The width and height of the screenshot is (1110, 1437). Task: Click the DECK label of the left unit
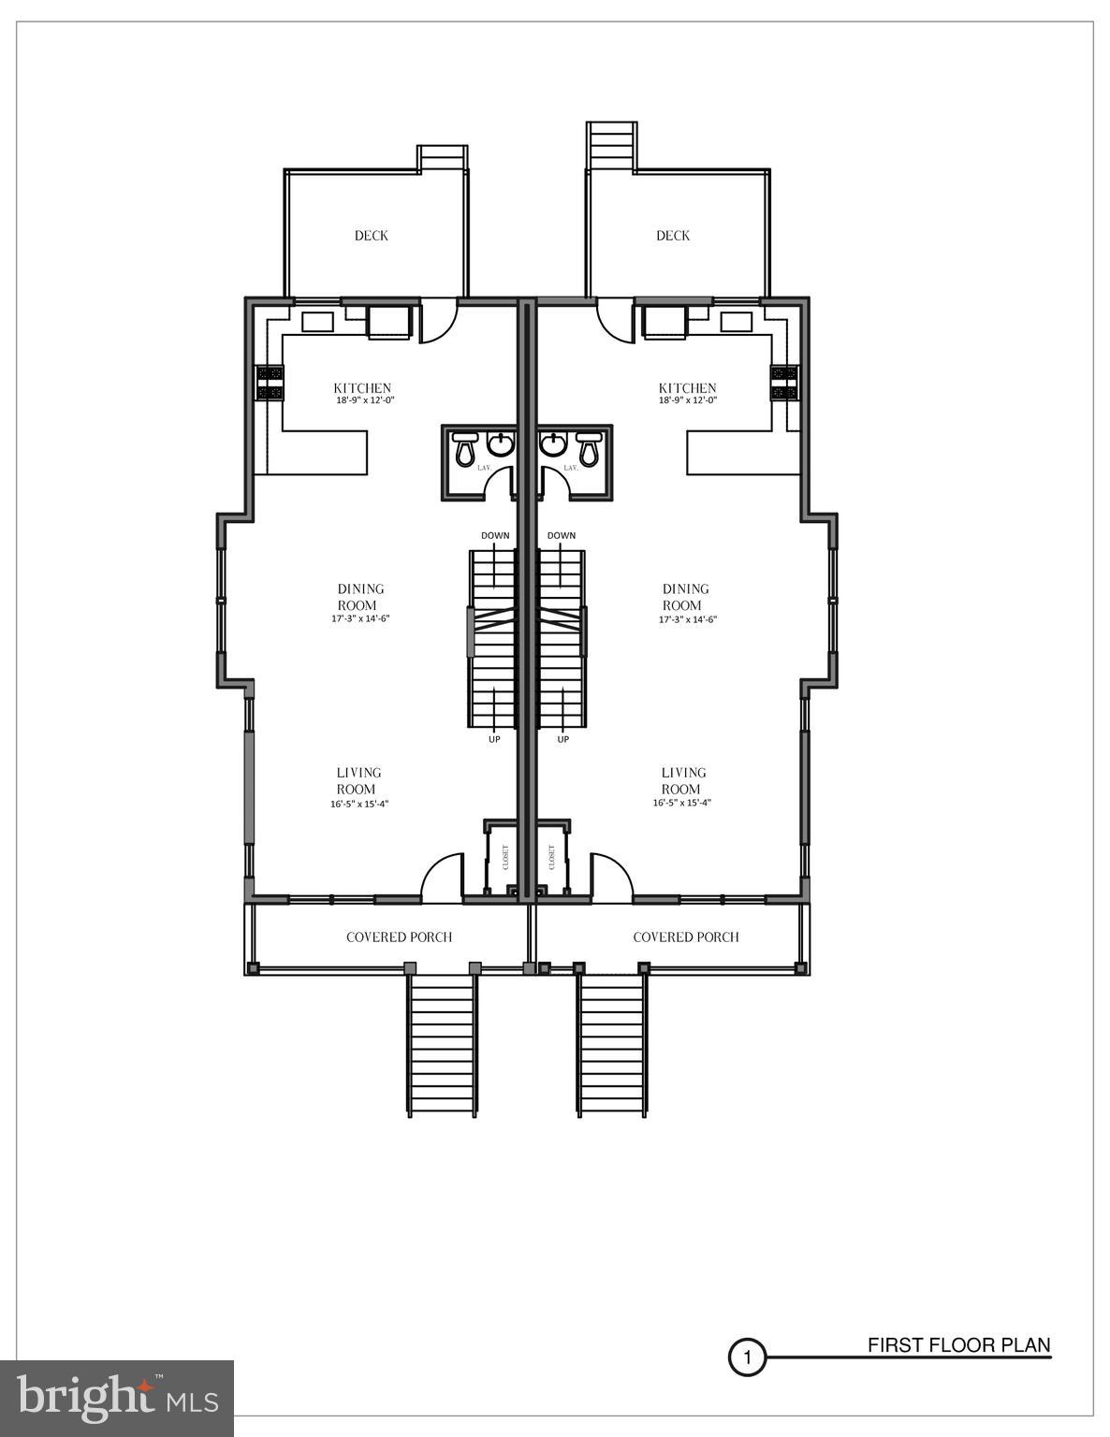pos(371,236)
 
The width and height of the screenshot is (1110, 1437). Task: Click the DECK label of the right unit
pos(672,236)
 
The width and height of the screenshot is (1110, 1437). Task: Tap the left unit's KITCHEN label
pos(362,388)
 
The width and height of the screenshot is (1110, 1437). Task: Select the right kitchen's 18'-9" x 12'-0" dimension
pos(687,400)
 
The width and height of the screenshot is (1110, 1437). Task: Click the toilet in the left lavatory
pos(465,449)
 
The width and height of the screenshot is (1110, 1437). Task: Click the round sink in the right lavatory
pos(554,443)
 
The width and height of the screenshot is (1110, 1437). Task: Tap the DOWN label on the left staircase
pos(495,536)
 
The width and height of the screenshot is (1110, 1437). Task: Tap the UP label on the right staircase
pos(562,740)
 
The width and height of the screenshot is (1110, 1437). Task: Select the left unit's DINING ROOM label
pos(360,597)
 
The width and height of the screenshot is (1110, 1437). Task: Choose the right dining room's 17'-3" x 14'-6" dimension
pos(688,619)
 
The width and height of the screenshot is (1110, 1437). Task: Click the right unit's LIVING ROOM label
pos(683,780)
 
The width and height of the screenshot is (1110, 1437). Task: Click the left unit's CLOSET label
pos(506,857)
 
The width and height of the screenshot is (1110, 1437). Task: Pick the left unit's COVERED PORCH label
pos(399,937)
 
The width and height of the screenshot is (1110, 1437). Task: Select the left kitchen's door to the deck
pos(438,322)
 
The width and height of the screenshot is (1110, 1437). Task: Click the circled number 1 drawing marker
pos(747,1357)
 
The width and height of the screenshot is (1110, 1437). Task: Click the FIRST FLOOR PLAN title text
pos(958,1345)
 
